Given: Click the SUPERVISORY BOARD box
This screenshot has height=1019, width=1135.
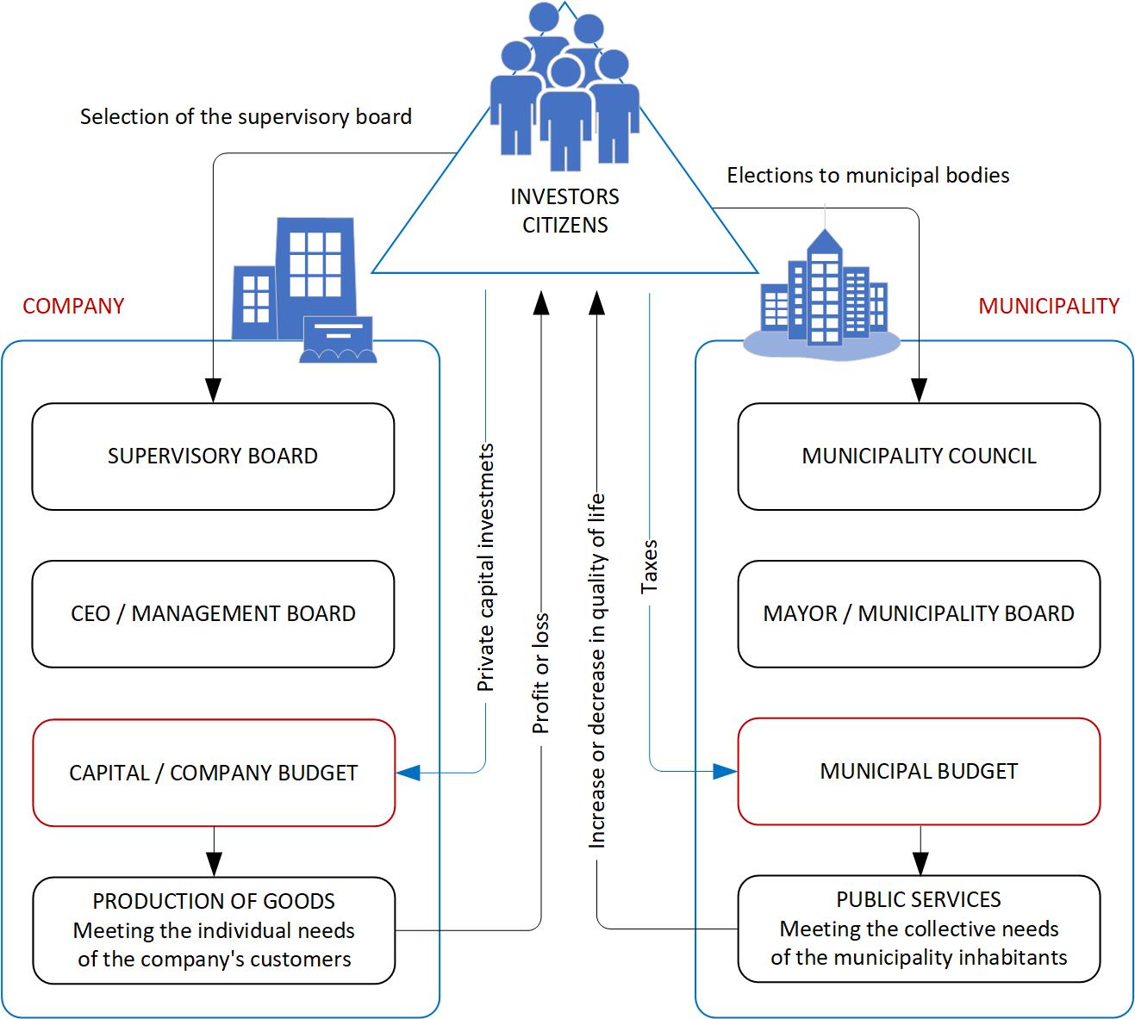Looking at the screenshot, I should [x=213, y=457].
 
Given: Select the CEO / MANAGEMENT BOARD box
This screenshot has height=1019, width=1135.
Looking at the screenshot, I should [x=213, y=614].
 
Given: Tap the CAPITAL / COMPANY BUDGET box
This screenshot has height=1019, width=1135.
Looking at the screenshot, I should [x=213, y=773].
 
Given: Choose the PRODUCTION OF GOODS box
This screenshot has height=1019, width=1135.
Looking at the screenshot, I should [x=213, y=930].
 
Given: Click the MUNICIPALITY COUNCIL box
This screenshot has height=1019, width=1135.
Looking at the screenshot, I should [x=919, y=457].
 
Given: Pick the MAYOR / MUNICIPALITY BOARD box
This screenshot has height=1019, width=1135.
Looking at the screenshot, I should [x=919, y=614].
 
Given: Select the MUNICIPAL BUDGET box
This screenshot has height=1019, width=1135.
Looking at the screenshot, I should [x=919, y=771].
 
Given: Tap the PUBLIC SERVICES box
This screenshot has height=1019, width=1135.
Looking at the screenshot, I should [x=919, y=929].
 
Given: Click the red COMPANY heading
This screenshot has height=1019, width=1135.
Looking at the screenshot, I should [x=73, y=307].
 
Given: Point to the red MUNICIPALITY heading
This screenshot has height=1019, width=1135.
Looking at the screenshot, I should [x=1049, y=307].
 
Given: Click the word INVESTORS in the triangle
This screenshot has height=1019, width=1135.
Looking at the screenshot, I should [x=564, y=197].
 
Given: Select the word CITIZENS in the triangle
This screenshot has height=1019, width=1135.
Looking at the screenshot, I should [x=564, y=226].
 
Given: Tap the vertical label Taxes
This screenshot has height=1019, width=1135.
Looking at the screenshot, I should [x=650, y=566].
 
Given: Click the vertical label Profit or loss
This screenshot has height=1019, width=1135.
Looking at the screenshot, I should [x=540, y=674].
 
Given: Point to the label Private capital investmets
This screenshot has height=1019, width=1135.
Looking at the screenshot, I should [x=486, y=568].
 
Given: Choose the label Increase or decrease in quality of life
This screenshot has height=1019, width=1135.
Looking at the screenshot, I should [x=596, y=671].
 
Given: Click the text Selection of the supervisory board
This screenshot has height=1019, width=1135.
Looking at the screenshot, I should [x=246, y=117].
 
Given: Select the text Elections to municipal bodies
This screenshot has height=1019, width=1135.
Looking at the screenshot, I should [x=868, y=176].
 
